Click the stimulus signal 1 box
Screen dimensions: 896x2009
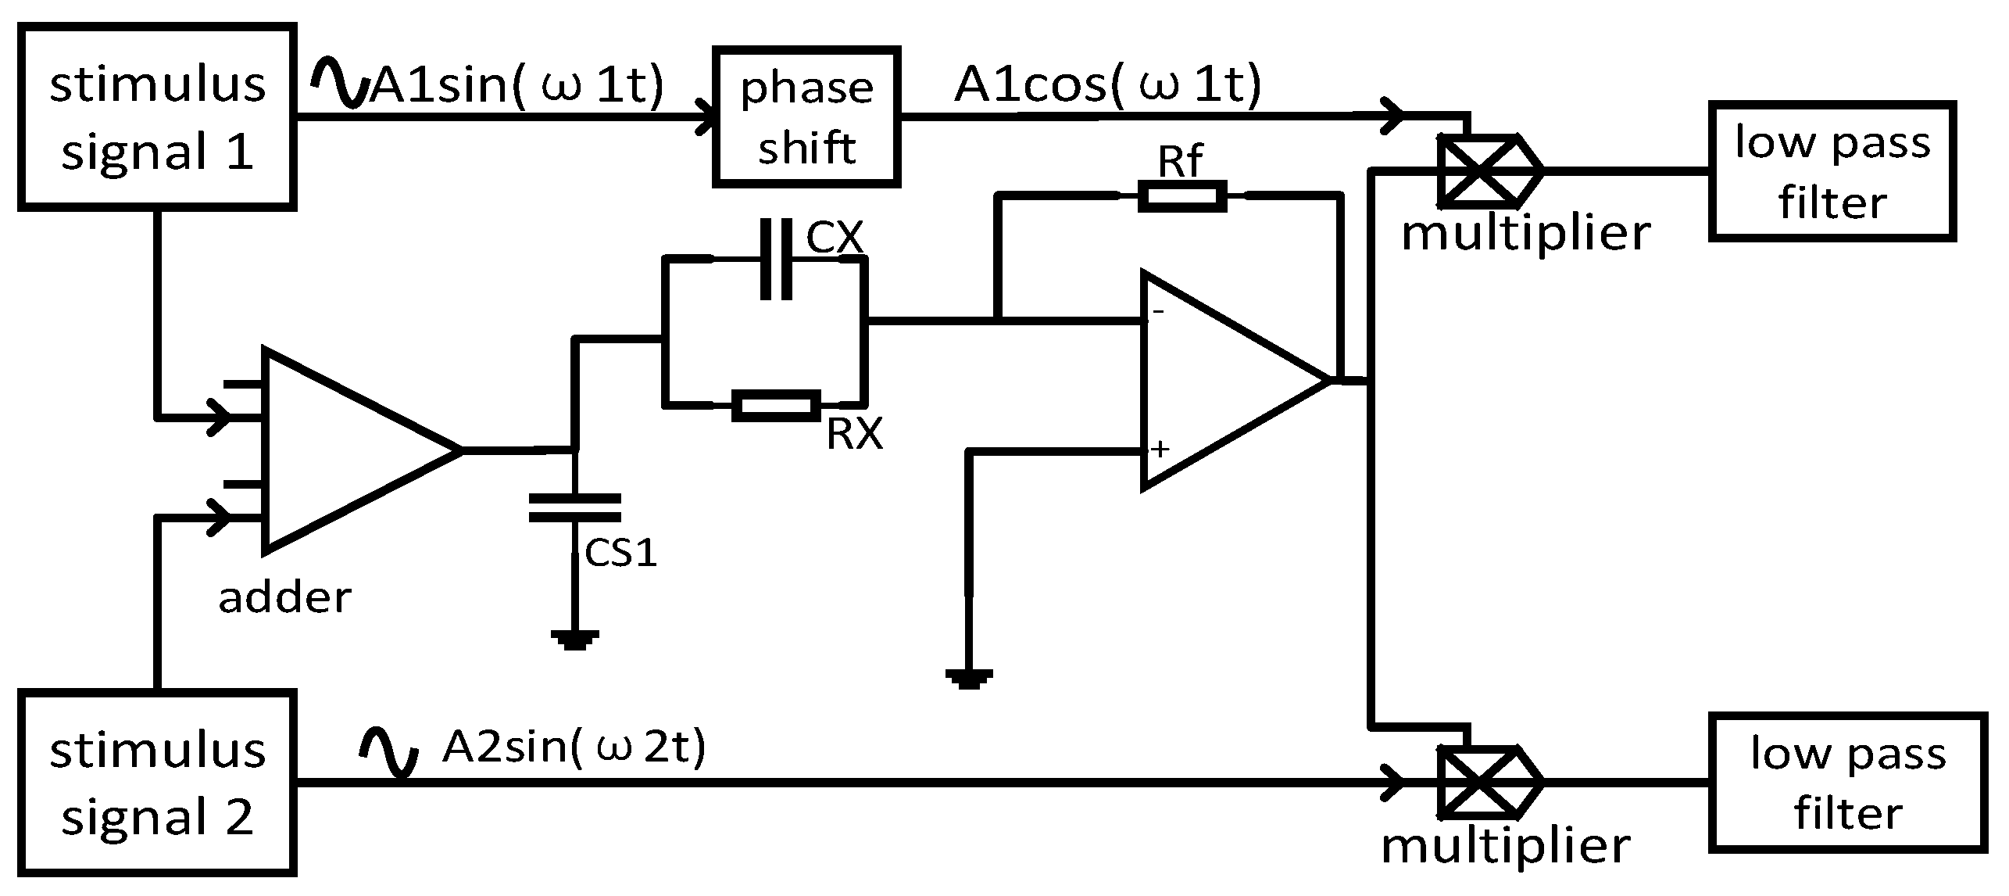coord(156,117)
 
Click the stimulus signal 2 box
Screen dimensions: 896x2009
coord(156,783)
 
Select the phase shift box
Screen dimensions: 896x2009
coord(806,117)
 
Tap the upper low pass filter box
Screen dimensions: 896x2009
coord(1832,170)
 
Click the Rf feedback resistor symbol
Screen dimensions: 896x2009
coord(1181,196)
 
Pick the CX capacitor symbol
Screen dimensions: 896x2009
coord(777,259)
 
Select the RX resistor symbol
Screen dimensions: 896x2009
coord(777,406)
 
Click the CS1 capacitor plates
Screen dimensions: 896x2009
coord(575,507)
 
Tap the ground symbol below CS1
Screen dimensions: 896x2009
coord(575,640)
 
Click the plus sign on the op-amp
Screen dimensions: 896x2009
coord(1160,449)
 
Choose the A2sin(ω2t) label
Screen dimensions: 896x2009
coord(574,747)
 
